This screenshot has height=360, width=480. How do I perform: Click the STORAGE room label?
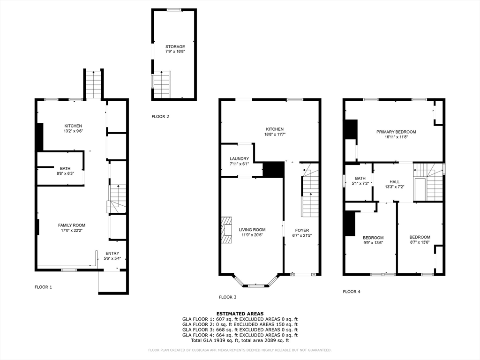[175, 47]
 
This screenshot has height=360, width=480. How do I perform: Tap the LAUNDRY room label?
[240, 158]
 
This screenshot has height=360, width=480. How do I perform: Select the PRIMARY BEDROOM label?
[396, 132]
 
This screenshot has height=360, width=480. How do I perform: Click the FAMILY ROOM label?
[72, 225]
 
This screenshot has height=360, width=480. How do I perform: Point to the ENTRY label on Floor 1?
[112, 254]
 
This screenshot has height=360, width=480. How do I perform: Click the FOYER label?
[302, 230]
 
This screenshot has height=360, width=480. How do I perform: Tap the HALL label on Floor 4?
[395, 182]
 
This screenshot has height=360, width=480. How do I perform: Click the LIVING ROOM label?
[252, 230]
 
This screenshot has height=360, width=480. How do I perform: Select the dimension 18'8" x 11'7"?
[275, 134]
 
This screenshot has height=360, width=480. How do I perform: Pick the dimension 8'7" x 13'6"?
[420, 242]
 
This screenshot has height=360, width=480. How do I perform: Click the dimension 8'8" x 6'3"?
[65, 173]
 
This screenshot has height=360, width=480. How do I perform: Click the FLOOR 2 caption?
[160, 117]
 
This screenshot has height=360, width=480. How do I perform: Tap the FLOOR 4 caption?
[352, 292]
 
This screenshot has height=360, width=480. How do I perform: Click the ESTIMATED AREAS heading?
[240, 314]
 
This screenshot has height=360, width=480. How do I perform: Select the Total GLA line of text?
[240, 340]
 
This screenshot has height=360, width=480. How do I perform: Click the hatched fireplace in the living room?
[227, 230]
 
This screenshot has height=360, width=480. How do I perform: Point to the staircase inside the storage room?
[162, 84]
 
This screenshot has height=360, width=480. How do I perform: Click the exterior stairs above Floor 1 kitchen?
[93, 85]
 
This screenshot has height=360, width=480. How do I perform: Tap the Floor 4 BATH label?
[360, 179]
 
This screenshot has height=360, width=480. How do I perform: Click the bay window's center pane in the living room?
[256, 286]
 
